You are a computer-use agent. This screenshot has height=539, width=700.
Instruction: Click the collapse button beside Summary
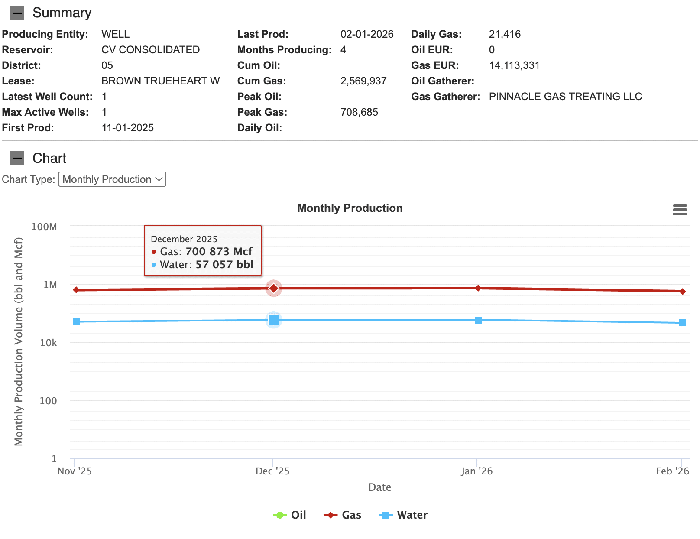pyautogui.click(x=17, y=13)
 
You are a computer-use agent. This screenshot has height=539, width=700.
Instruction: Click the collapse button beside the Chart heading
pyautogui.click(x=17, y=158)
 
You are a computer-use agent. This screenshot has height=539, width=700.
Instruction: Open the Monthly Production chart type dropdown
pyautogui.click(x=112, y=179)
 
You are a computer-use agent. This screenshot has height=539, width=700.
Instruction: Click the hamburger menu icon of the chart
pyautogui.click(x=680, y=209)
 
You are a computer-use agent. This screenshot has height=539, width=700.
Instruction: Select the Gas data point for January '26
pyautogui.click(x=478, y=288)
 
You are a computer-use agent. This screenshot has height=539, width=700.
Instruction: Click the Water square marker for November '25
pyautogui.click(x=76, y=322)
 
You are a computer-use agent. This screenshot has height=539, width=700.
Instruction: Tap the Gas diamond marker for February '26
pyautogui.click(x=683, y=292)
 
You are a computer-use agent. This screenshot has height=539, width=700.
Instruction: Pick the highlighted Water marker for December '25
pyautogui.click(x=273, y=320)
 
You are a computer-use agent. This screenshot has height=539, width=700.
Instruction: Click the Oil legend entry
pyautogui.click(x=289, y=515)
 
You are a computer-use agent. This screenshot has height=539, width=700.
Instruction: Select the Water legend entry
pyautogui.click(x=403, y=515)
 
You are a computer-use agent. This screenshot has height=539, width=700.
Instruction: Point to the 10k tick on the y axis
pyautogui.click(x=49, y=343)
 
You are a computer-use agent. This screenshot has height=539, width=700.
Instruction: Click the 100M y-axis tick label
pyautogui.click(x=44, y=227)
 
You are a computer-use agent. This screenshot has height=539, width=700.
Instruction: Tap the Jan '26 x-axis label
pyautogui.click(x=477, y=471)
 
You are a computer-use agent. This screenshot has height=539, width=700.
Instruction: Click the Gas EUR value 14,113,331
pyautogui.click(x=515, y=65)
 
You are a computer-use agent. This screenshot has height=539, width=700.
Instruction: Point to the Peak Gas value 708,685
pyautogui.click(x=359, y=112)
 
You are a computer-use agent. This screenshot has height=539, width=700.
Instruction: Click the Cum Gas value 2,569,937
pyautogui.click(x=363, y=81)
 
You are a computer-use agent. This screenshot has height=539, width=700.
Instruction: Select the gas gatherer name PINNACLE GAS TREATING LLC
pyautogui.click(x=565, y=96)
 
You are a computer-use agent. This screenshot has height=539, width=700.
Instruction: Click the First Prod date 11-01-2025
pyautogui.click(x=127, y=127)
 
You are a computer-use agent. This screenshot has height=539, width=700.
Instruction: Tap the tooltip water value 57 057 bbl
pyautogui.click(x=224, y=264)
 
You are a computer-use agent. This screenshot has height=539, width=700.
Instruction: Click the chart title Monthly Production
pyautogui.click(x=350, y=208)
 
